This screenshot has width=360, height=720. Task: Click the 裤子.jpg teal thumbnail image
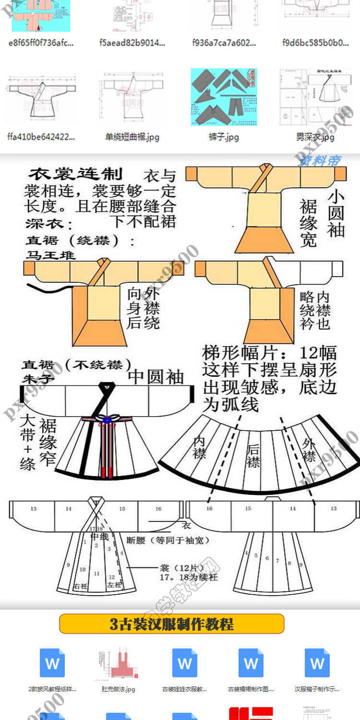pyautogui.click(x=224, y=97)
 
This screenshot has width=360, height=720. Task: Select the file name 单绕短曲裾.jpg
pyautogui.click(x=132, y=137)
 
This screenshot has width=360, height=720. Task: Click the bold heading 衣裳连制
pyautogui.click(x=76, y=174)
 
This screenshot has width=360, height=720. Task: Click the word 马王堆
pyautogui.click(x=50, y=255)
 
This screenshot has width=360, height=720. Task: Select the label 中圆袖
pyautogui.click(x=156, y=377)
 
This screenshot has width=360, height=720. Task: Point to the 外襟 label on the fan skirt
pyautogui.click(x=309, y=449)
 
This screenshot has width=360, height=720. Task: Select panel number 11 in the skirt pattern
pyautogui.click(x=96, y=573)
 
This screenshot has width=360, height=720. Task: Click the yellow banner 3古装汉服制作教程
pyautogui.click(x=172, y=624)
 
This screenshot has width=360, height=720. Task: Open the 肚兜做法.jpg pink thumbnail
pyautogui.click(x=118, y=663)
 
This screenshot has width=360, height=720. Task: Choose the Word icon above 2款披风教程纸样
pyautogui.click(x=52, y=663)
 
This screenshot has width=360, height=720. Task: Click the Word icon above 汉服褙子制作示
pyautogui.click(x=317, y=663)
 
